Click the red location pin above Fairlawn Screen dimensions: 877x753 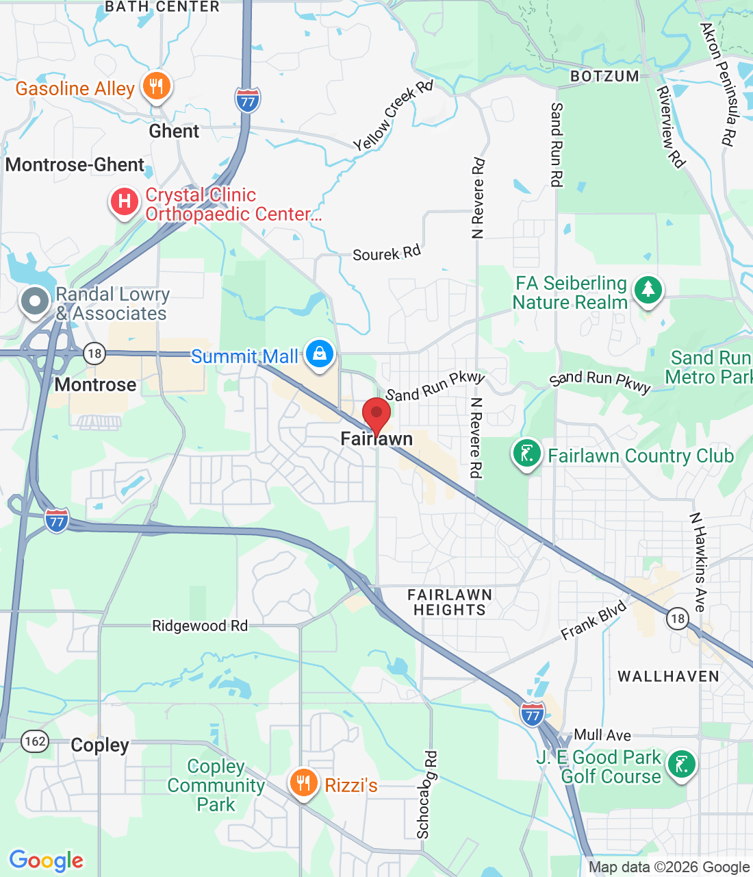pos(376,414)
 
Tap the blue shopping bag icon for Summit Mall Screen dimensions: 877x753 pos(319,354)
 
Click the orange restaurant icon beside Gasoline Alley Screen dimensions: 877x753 pos(157,86)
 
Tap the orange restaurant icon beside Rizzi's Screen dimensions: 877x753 pos(303,782)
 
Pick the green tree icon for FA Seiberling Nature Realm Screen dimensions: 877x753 pos(648,290)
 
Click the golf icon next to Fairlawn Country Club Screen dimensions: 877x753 pos(526,454)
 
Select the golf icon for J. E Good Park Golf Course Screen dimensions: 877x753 pos(682,764)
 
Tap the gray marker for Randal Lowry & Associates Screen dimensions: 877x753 pos(35,301)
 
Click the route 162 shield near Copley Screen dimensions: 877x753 pos(35,741)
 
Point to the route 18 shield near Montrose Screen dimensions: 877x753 pos(94,354)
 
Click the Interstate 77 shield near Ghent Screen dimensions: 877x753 pos(248,101)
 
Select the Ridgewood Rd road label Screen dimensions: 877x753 pos(200,626)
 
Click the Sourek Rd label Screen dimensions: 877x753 pos(387,254)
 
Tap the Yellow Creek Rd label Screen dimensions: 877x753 pos(393,116)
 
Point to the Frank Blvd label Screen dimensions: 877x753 pos(594,621)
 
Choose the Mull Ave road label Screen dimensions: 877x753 pos(602,735)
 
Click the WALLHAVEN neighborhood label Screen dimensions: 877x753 pos(668,676)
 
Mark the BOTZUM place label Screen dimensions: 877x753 pos(604,76)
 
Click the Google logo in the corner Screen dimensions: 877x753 pos(47,861)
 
